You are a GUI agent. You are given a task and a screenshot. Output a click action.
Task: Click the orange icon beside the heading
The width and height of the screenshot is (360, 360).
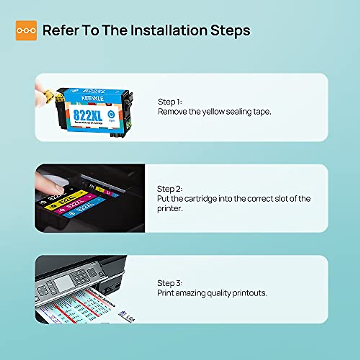26,30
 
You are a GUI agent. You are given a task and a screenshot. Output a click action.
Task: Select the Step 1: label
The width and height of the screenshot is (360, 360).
170,102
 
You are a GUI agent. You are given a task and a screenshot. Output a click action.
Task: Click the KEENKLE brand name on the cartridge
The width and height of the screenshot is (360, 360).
92,98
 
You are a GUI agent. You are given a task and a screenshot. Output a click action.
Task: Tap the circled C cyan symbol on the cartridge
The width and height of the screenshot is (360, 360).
111,114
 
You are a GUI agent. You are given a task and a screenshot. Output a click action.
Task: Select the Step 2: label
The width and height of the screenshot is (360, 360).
169,189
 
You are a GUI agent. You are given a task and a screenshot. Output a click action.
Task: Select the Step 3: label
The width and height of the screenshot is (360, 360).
169,283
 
